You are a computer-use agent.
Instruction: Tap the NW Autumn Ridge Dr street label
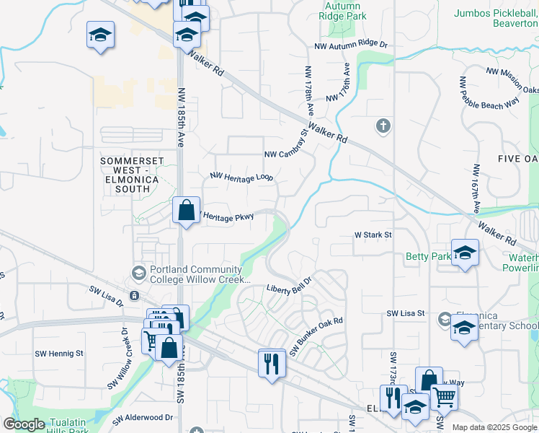coord(350,45)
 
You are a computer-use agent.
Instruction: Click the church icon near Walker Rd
coord(383,127)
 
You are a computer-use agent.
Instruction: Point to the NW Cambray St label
coord(286,145)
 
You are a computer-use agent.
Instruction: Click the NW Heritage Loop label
coord(241,176)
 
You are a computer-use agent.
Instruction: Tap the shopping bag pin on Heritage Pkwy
coord(187,211)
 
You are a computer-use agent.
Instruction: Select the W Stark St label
coord(373,235)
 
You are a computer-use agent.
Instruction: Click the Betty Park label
coord(427,256)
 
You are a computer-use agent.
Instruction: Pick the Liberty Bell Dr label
coord(289,284)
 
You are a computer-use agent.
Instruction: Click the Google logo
coord(24,424)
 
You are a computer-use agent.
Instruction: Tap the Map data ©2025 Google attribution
coord(494,427)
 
